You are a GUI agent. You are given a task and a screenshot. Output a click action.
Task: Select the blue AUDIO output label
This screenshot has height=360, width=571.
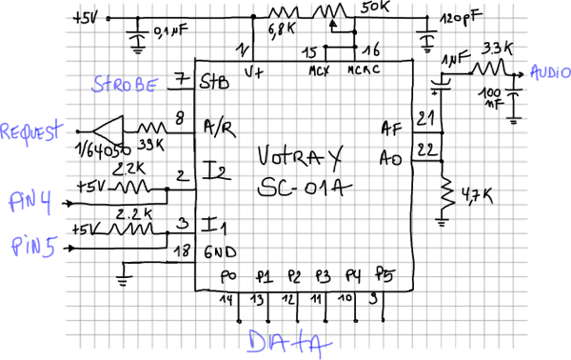(x=548, y=72)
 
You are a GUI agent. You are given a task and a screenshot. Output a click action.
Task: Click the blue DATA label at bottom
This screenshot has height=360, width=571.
(x=285, y=342)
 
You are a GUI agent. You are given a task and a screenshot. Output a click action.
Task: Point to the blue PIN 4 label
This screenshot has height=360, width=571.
(x=30, y=203)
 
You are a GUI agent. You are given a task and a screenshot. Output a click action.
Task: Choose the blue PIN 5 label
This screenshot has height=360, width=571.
(x=34, y=247)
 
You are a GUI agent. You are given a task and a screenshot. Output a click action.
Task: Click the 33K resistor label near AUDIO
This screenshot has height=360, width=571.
(x=499, y=47)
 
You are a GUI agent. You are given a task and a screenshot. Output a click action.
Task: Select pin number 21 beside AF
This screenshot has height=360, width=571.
(x=424, y=118)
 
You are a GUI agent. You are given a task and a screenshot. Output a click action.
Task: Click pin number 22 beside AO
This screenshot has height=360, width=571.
(x=425, y=150)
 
